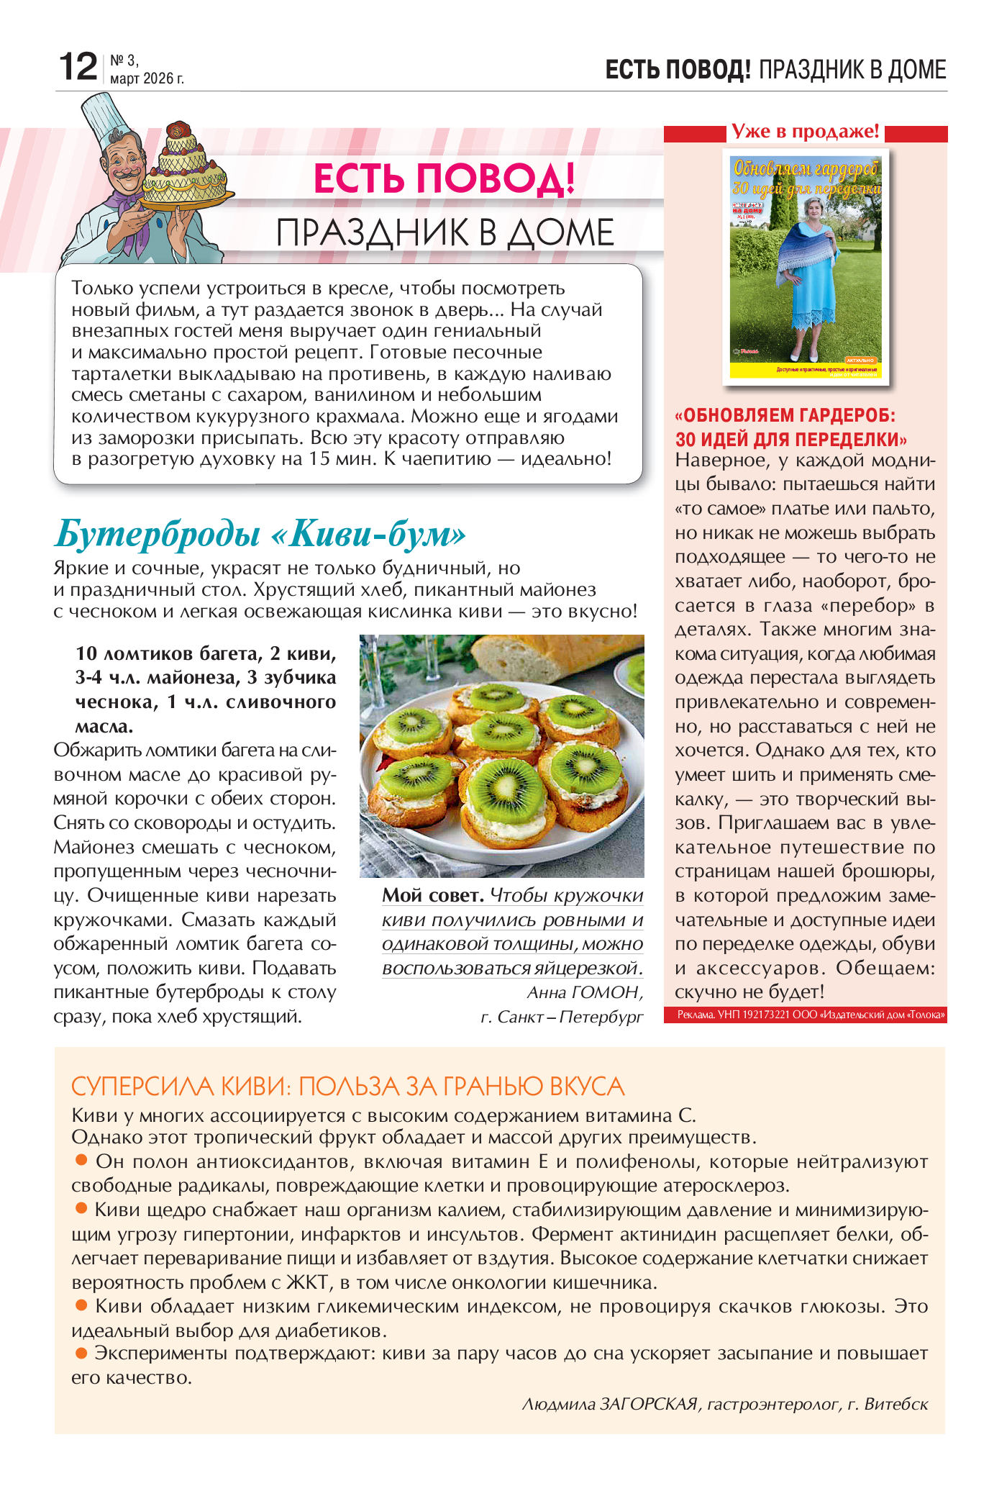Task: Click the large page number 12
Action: click(x=77, y=67)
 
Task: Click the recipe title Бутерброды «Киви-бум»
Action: click(x=260, y=534)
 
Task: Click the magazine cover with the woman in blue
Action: click(x=805, y=266)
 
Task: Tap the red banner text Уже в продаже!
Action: click(x=805, y=132)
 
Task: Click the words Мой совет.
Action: click(x=432, y=895)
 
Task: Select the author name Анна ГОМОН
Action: click(x=584, y=992)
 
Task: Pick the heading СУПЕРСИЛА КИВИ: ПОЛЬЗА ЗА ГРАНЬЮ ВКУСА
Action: click(x=347, y=1086)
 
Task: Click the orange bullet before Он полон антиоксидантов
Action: click(x=81, y=1160)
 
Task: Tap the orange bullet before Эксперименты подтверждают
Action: click(x=81, y=1352)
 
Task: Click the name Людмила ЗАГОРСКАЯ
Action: click(x=610, y=1403)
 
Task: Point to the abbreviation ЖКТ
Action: click(x=307, y=1282)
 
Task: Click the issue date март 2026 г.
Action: click(x=147, y=78)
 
